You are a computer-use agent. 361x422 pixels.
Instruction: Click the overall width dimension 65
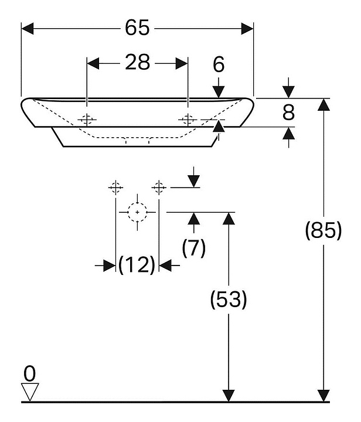coord(137,28)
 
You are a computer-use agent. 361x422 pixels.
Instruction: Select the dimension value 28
coord(138,62)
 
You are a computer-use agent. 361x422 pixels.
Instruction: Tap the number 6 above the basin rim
coord(219,64)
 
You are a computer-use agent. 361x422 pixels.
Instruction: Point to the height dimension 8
coord(288,113)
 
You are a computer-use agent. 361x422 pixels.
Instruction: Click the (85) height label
coord(323,230)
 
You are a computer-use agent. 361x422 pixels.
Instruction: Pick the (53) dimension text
coord(229,300)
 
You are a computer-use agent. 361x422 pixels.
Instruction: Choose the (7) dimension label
coord(193,248)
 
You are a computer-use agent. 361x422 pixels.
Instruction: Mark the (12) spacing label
coord(137,265)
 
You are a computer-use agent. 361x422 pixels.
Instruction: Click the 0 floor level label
coord(29,373)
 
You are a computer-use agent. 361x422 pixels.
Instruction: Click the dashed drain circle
coord(138,212)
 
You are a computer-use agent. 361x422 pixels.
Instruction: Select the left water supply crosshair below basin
coord(115,188)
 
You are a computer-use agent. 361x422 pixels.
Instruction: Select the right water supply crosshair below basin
coord(159,188)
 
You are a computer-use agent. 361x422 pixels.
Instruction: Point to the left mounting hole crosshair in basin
coord(87,120)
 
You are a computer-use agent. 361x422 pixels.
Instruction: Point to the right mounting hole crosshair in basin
coord(188,120)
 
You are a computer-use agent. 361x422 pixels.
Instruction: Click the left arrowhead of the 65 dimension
coord(28,29)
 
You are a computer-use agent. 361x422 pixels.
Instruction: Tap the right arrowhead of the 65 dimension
coord(247,29)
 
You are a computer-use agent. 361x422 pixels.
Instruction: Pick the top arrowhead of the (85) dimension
coord(323,105)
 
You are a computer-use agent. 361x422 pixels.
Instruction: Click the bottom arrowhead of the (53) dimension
coord(229,396)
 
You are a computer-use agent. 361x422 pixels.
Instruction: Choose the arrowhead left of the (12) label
coord(110,266)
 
